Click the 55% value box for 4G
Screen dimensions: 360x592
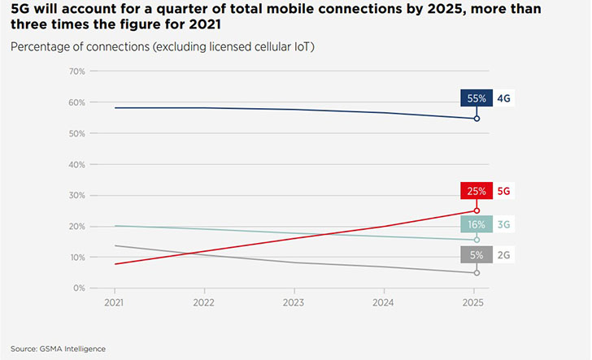[x=477, y=98]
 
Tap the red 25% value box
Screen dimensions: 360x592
[x=477, y=192]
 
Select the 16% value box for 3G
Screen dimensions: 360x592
[x=477, y=224]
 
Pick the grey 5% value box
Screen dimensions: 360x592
[x=477, y=254]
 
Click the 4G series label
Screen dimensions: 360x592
[x=503, y=98]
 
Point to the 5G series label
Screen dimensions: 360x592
[x=503, y=192]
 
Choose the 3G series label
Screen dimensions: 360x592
[x=503, y=224]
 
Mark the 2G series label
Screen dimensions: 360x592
[x=503, y=254]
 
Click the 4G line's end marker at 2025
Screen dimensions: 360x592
[x=477, y=119]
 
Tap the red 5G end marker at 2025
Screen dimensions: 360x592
[x=477, y=210]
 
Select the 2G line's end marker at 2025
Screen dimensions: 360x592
[x=477, y=273]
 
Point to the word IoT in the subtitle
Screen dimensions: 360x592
[x=303, y=46]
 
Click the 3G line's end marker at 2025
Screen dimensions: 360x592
[x=477, y=240]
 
